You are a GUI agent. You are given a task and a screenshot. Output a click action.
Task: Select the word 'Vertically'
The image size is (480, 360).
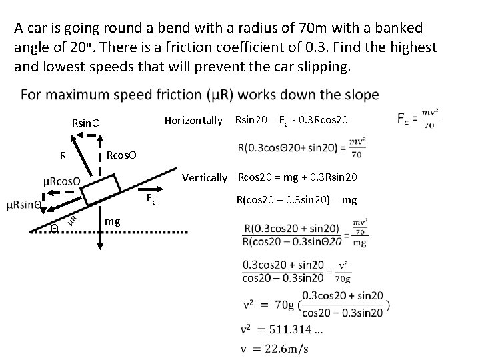point(205,177)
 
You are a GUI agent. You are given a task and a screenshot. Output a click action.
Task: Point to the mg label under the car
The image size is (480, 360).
point(113,220)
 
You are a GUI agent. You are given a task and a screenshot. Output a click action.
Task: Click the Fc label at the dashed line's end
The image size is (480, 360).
point(151,201)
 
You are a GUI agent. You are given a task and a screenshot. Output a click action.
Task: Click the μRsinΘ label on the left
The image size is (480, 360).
point(23,204)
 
